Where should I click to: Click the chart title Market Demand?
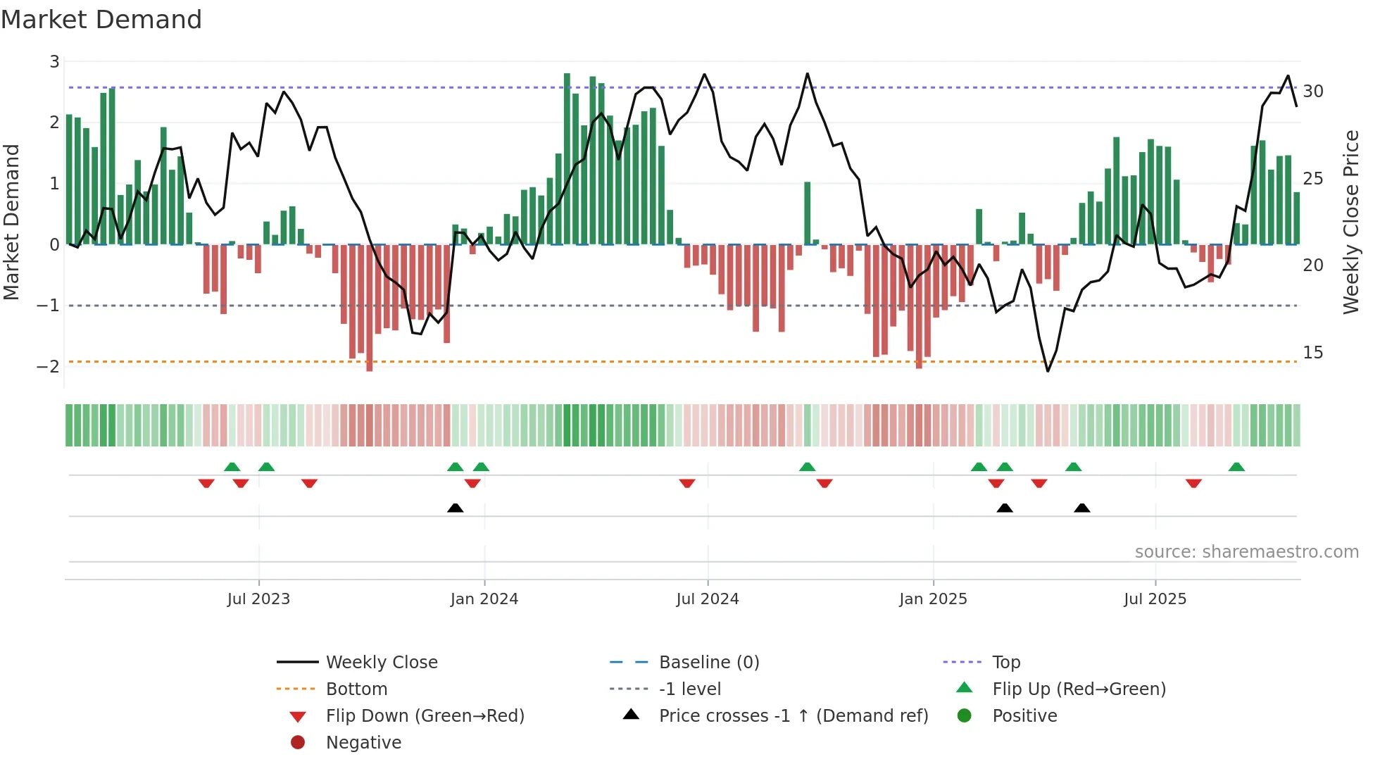(101, 20)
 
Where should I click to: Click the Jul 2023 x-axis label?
(258, 599)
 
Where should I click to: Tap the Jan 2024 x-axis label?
(484, 599)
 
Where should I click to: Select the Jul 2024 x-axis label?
(708, 599)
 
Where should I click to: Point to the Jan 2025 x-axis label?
(933, 599)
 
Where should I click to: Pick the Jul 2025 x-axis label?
(1155, 599)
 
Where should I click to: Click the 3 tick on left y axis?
(54, 62)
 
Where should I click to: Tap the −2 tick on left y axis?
(49, 367)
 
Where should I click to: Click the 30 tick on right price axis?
(1313, 92)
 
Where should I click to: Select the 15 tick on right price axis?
(1313, 353)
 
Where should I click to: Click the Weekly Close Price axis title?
(1350, 222)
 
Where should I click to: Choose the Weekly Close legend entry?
(382, 663)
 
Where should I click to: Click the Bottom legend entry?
(356, 689)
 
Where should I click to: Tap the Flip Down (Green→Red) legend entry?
(425, 716)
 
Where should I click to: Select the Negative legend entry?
(363, 743)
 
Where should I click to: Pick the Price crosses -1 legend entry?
(793, 716)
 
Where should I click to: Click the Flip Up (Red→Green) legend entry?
(1079, 689)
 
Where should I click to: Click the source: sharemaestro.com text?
(1246, 552)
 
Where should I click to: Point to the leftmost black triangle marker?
(456, 508)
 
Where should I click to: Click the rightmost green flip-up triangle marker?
(1236, 467)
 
